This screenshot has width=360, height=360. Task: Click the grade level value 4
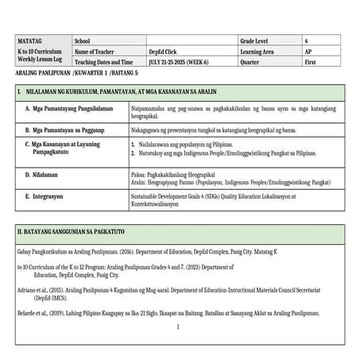[306, 41]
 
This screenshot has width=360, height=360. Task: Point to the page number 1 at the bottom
[180, 327]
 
